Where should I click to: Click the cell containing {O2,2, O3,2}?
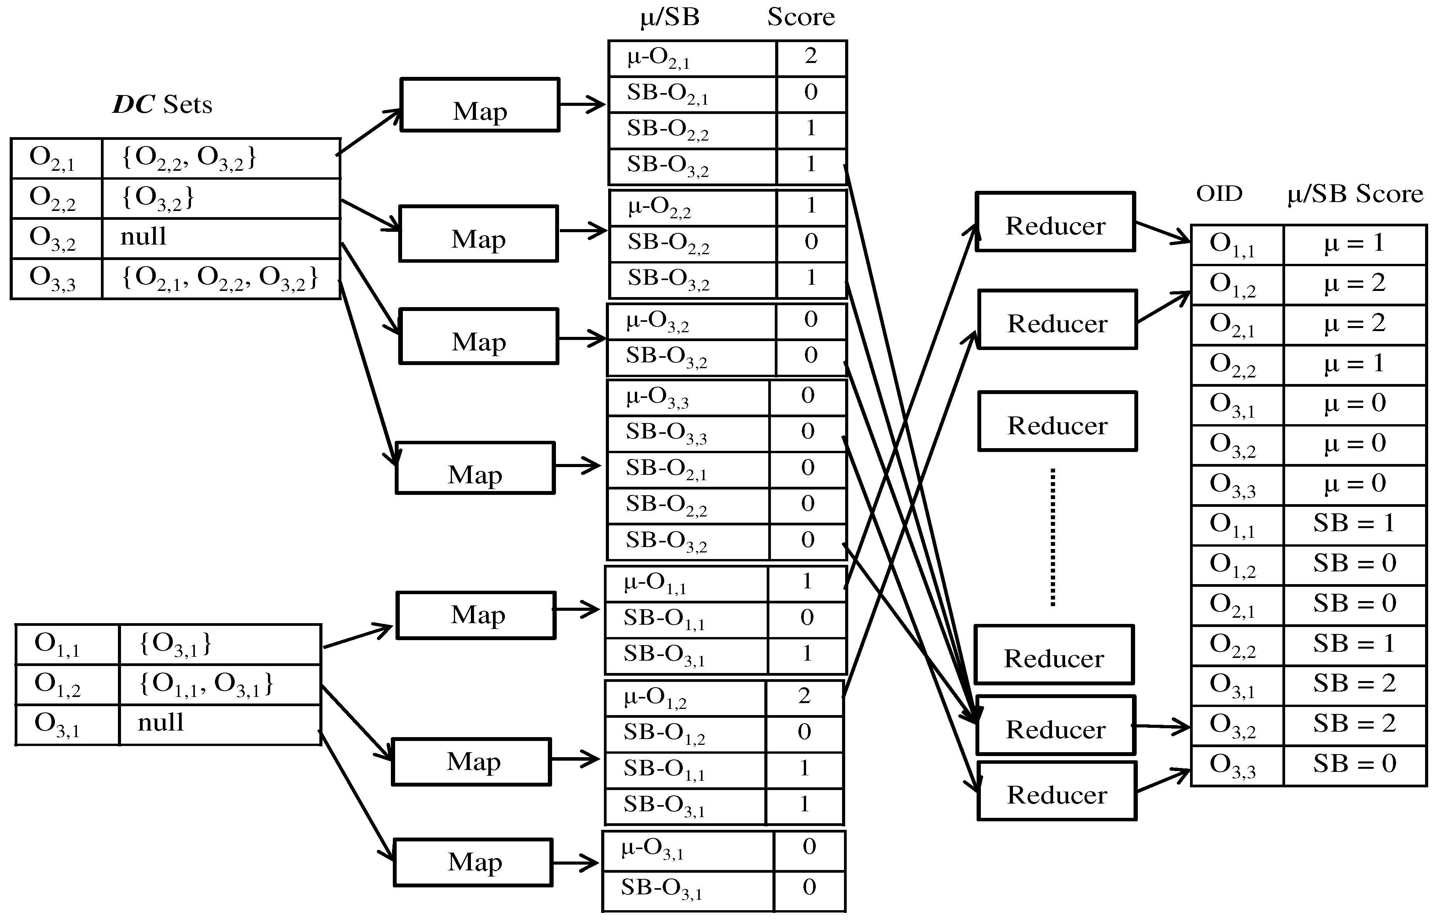(220, 158)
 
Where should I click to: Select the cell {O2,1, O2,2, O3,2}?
(220, 278)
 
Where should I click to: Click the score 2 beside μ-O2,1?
(811, 57)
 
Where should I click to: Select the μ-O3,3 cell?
(688, 398)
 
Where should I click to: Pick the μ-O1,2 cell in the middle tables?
(685, 698)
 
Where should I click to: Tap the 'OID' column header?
(1219, 194)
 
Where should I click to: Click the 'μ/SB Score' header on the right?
(1355, 194)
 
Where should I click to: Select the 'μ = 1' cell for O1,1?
(1355, 244)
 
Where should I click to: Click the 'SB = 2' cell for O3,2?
(1355, 725)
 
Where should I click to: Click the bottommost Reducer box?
(1057, 791)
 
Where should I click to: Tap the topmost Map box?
(480, 105)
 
